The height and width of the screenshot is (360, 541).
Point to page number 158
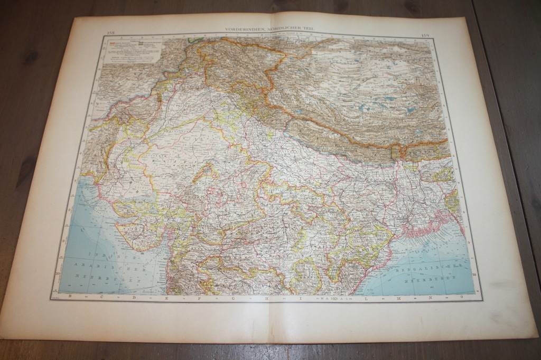tap(111, 33)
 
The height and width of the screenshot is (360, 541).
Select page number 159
tap(425, 35)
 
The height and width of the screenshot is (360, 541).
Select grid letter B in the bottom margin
tap(70, 298)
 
